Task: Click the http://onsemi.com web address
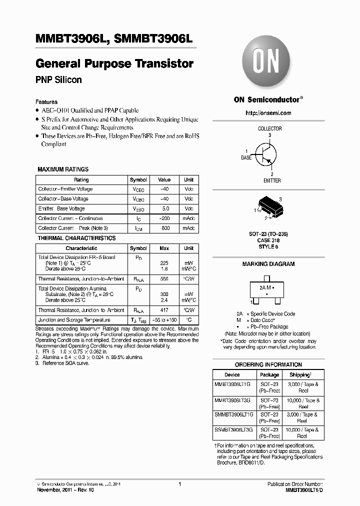click(x=268, y=113)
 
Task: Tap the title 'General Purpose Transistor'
click(x=114, y=64)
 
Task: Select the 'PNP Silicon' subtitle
click(x=58, y=80)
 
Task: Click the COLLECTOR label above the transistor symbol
click(x=269, y=128)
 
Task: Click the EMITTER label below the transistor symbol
click(x=272, y=180)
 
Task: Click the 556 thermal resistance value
click(x=164, y=279)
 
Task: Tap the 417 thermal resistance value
click(x=164, y=310)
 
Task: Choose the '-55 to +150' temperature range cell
click(x=164, y=320)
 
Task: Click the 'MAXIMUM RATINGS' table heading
click(x=63, y=169)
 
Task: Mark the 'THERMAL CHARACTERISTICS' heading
click(x=76, y=238)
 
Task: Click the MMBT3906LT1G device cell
click(x=234, y=384)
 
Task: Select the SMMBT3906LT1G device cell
click(x=234, y=414)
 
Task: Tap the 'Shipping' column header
click(x=300, y=374)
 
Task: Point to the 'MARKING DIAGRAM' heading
click(x=268, y=264)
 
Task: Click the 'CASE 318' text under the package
click(x=269, y=240)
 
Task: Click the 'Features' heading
click(x=46, y=101)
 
